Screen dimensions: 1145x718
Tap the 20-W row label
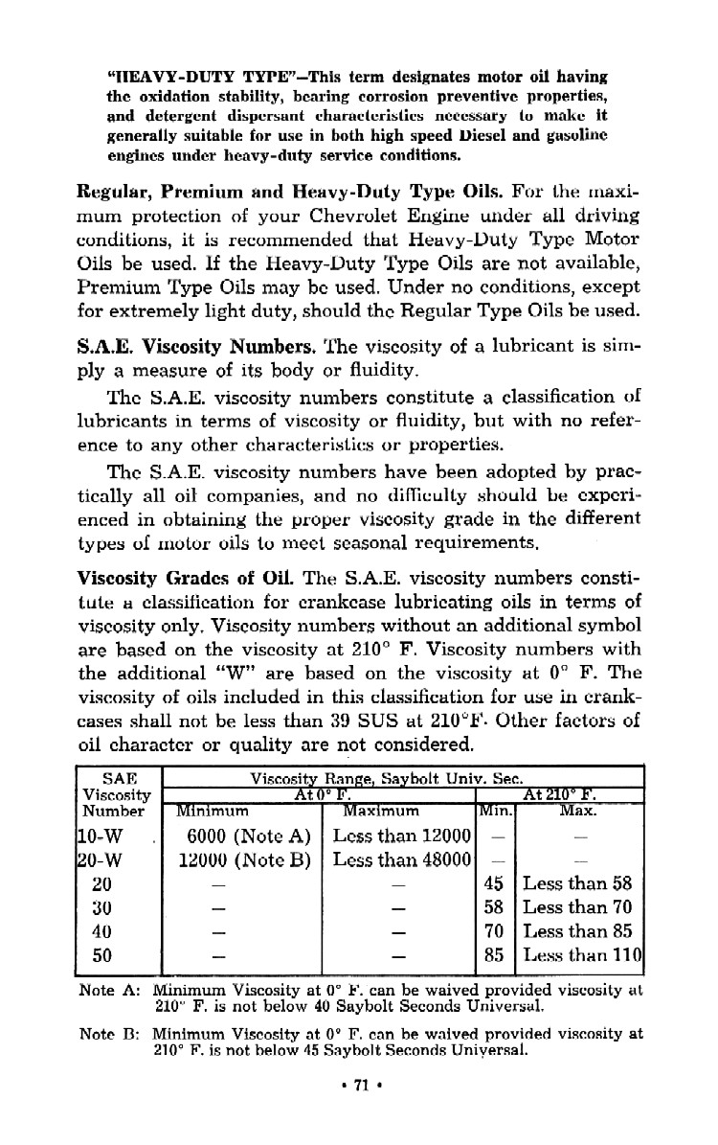[96, 859]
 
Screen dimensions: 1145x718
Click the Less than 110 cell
[581, 954]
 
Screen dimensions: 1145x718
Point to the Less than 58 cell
[578, 883]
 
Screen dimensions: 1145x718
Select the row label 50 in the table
[101, 954]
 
